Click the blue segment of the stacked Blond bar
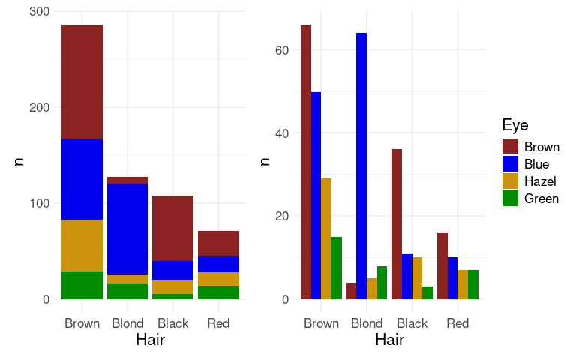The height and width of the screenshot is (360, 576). [x=127, y=229]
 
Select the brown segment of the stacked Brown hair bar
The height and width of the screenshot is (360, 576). [x=82, y=82]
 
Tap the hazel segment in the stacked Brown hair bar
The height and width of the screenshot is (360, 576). [x=82, y=245]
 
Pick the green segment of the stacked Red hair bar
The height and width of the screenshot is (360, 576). [x=218, y=292]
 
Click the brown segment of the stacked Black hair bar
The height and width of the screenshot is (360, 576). [x=172, y=228]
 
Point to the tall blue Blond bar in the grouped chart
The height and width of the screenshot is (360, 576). [x=361, y=166]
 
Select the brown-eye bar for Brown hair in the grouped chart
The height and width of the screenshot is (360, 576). [x=306, y=162]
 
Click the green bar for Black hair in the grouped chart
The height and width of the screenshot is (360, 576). [x=427, y=292]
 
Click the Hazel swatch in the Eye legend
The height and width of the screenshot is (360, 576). [x=510, y=181]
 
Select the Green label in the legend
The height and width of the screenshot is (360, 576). [x=541, y=199]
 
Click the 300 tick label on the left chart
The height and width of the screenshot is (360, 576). [x=39, y=12]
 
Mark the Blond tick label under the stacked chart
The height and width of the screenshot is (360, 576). [x=127, y=323]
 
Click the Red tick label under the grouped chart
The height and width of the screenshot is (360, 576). [x=457, y=323]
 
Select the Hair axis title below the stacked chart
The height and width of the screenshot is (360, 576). [x=150, y=340]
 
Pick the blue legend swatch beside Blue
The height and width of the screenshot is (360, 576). [x=510, y=164]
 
